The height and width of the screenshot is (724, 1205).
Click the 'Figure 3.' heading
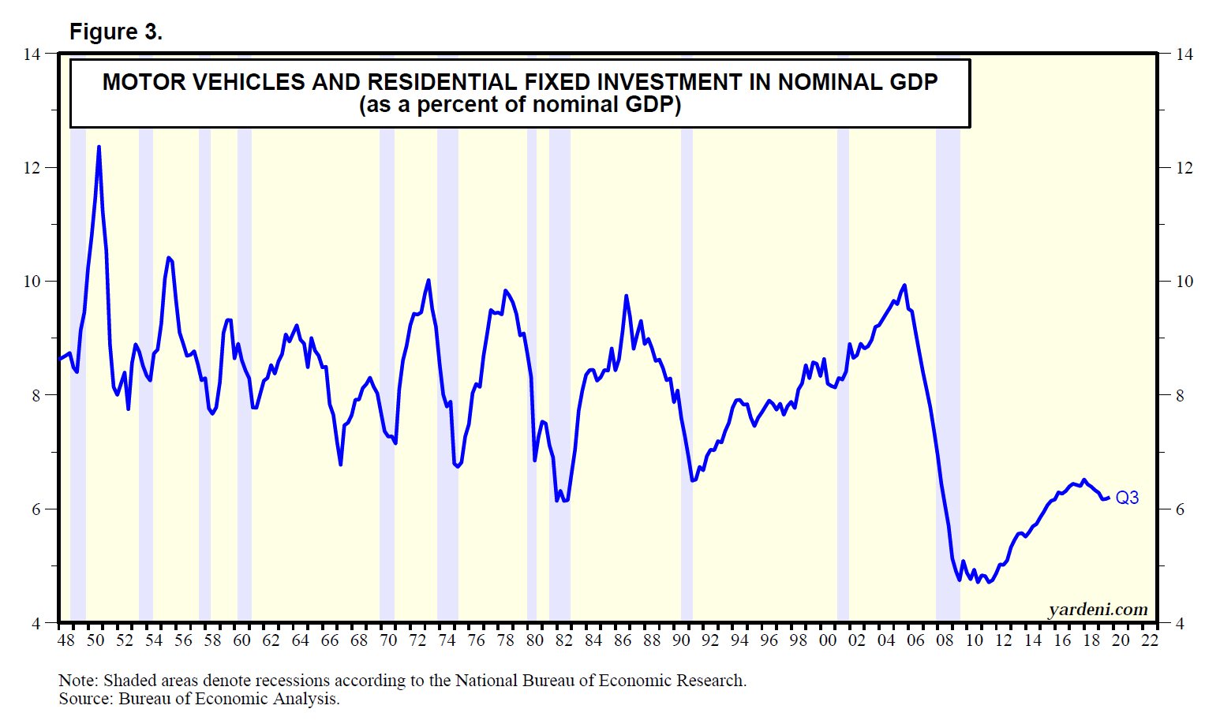(116, 32)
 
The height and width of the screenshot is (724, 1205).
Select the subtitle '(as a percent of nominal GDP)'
(520, 105)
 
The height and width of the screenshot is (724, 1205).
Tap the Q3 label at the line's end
(1127, 498)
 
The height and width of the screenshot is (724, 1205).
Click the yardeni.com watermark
(1098, 609)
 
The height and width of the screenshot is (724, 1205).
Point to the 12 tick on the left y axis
(32, 167)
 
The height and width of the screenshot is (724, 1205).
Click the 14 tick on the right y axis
(1184, 54)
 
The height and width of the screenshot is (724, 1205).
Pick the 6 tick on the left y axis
(36, 509)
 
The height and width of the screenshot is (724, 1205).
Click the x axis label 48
(66, 640)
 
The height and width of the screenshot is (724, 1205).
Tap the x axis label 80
(535, 640)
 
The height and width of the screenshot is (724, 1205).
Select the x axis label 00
(828, 640)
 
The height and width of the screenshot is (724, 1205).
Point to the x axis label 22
(1150, 640)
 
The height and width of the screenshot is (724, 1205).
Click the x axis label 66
(330, 640)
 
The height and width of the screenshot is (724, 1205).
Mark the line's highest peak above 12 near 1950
(99, 147)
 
